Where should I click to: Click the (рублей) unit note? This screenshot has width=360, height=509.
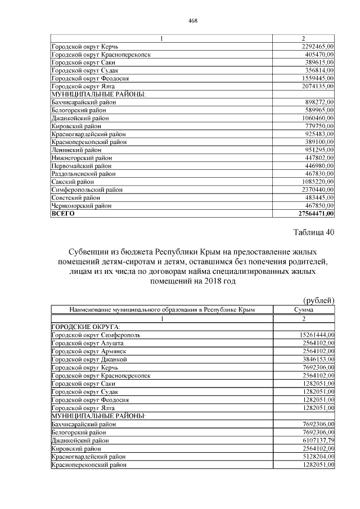(x=319, y=300)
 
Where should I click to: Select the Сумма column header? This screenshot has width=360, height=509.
(x=304, y=309)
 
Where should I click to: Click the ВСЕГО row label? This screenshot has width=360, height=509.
(x=62, y=214)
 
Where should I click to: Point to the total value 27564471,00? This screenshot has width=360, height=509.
(x=316, y=214)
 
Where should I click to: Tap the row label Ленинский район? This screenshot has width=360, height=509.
(x=76, y=150)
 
